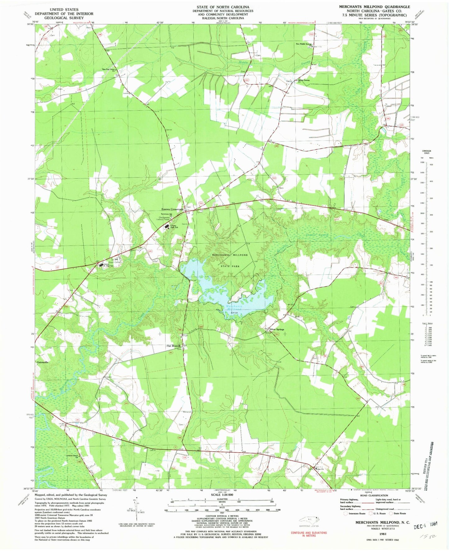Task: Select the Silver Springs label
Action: tap(277, 329)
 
